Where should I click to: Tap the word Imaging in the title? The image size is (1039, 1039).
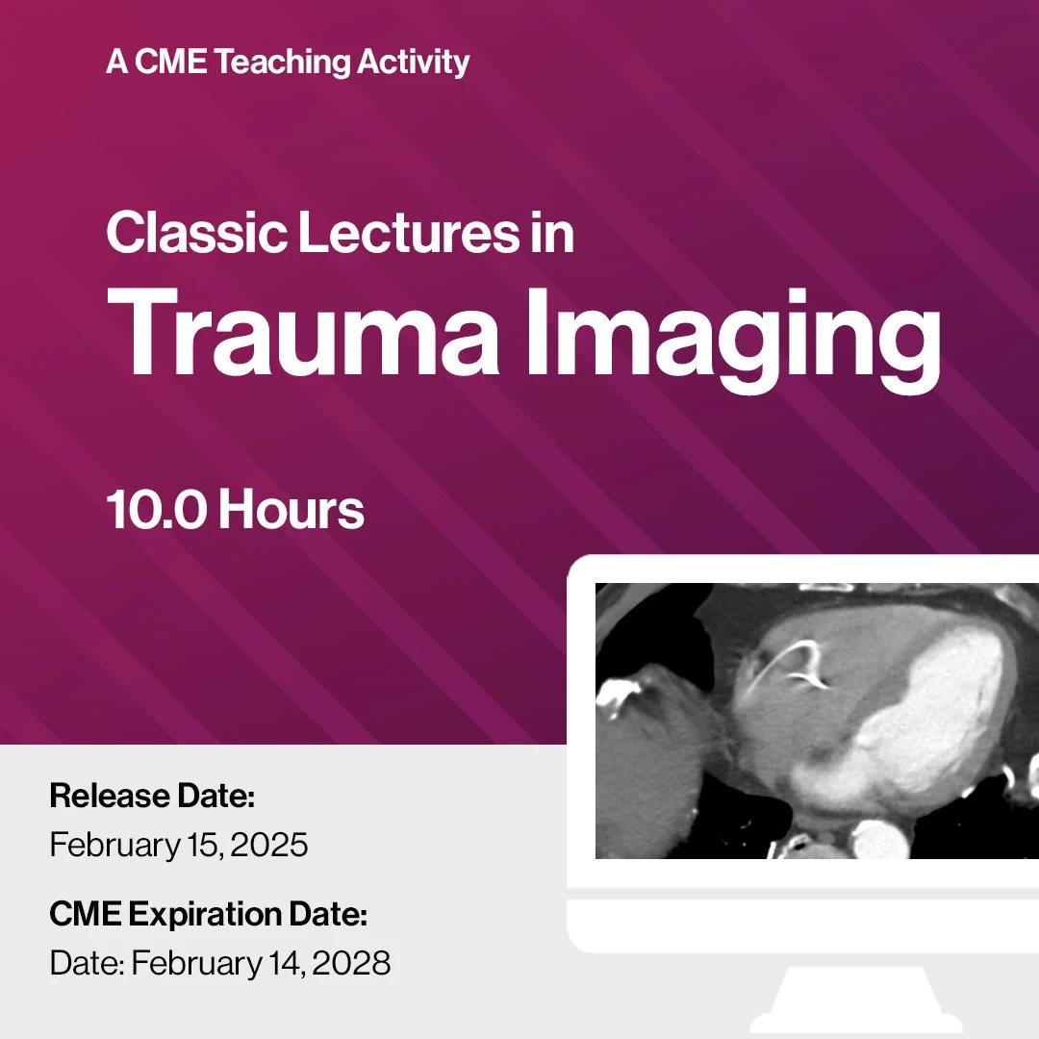(x=733, y=341)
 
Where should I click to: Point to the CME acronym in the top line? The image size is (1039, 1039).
(x=171, y=62)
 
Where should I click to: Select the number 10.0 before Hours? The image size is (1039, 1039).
(x=156, y=509)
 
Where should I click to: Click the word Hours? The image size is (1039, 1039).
(x=291, y=509)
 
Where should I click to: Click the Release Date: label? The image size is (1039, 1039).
(x=152, y=796)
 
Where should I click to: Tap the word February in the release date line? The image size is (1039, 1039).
(x=114, y=846)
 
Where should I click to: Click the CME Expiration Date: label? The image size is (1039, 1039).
(x=208, y=915)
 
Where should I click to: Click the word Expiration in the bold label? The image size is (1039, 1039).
(x=205, y=915)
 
